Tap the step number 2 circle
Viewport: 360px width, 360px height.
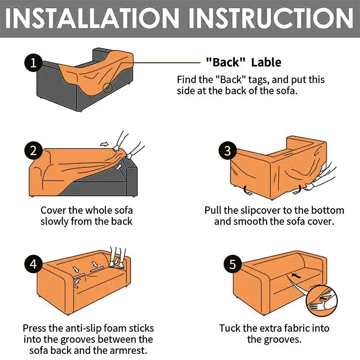[33, 151]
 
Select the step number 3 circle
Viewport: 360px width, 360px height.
[228, 150]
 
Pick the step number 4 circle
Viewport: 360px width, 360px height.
[33, 264]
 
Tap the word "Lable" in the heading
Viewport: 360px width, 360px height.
[266, 62]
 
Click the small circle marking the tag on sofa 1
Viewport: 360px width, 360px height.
[108, 87]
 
